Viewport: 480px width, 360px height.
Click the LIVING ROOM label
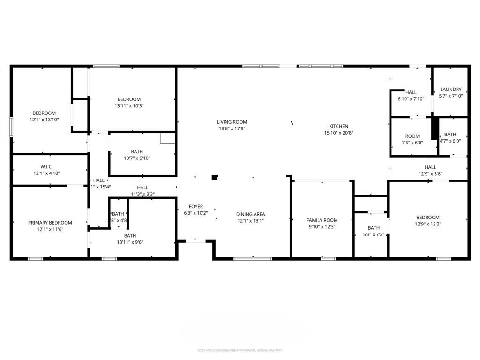pyautogui.click(x=232, y=122)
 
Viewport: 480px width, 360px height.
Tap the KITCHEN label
pyautogui.click(x=338, y=126)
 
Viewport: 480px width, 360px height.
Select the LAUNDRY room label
pyautogui.click(x=450, y=89)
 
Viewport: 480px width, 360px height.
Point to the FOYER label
pyautogui.click(x=196, y=206)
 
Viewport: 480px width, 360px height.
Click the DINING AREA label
pyautogui.click(x=250, y=214)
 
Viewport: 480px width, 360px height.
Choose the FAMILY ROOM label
pyautogui.click(x=322, y=220)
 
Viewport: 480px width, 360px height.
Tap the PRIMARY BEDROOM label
pyautogui.click(x=50, y=223)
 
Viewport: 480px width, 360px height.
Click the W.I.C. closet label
pyautogui.click(x=46, y=166)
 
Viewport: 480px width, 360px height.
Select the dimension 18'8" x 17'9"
pyautogui.click(x=232, y=128)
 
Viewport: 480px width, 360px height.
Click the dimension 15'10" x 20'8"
pyautogui.click(x=338, y=133)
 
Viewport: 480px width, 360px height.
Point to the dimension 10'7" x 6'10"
pyautogui.click(x=137, y=158)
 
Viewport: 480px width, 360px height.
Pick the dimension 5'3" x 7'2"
pyautogui.click(x=374, y=234)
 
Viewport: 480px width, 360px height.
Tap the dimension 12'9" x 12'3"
pyautogui.click(x=428, y=224)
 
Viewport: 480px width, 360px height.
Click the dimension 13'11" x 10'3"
pyautogui.click(x=129, y=105)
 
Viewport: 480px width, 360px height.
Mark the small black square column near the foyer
pyautogui.click(x=215, y=177)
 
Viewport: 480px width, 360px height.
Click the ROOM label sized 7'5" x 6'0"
pyautogui.click(x=412, y=136)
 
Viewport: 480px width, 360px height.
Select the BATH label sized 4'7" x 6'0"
pyautogui.click(x=450, y=135)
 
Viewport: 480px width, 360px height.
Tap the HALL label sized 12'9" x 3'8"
pyautogui.click(x=430, y=167)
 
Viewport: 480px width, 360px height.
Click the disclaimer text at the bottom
pyautogui.click(x=240, y=350)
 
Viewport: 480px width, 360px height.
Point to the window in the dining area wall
pyautogui.click(x=253, y=258)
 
